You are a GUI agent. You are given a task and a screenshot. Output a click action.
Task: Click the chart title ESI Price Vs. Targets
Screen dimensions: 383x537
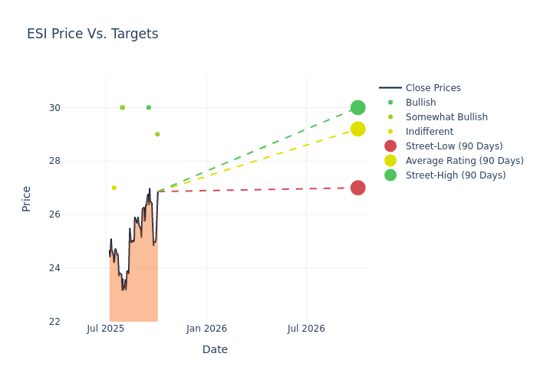click(92, 34)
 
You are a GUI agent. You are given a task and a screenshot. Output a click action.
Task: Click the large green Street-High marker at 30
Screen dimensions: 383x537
click(357, 107)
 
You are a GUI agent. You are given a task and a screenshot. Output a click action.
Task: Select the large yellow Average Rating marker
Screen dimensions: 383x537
click(357, 129)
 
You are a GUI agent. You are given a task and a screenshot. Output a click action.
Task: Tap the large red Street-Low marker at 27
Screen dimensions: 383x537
click(357, 188)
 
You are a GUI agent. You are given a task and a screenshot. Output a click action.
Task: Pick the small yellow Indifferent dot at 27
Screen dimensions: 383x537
click(114, 188)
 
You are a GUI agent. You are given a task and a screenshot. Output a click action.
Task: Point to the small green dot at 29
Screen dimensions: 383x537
click(157, 134)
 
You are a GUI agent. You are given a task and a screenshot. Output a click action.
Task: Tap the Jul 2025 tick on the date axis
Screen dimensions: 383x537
click(106, 329)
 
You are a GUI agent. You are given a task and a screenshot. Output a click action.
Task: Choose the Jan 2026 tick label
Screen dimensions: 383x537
click(206, 329)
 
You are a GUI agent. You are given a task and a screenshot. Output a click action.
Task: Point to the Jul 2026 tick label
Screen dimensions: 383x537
click(306, 329)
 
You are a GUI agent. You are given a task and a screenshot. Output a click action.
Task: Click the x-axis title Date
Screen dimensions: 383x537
click(215, 349)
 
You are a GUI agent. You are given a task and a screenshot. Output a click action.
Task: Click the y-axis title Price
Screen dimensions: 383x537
click(27, 198)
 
